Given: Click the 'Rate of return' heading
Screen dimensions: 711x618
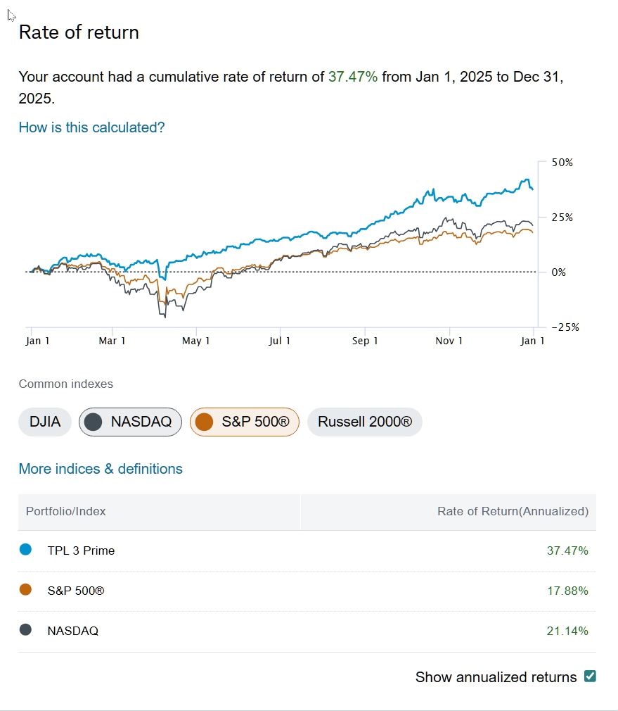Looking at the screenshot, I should coord(79,32).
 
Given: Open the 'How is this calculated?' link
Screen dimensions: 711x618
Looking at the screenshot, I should coord(91,127).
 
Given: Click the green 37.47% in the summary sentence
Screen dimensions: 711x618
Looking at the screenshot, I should coord(353,77).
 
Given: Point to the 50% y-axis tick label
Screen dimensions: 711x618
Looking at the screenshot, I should coord(562,163).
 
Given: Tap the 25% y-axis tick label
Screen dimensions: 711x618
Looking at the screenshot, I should coord(562,218).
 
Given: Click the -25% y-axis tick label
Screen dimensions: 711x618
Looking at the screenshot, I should coord(561,327).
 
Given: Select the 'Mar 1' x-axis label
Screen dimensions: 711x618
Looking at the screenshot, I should coord(112,341).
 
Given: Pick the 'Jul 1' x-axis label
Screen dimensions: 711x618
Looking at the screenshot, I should coord(280,341).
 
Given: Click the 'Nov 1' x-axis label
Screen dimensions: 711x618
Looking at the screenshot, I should coord(449,341).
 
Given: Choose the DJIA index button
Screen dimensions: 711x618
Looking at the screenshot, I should coord(45,422).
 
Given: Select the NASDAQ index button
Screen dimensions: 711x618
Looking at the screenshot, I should coord(130,422).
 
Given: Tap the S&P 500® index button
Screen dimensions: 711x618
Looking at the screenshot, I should coord(244,422).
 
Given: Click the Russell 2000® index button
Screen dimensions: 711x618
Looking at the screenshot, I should coord(364,422).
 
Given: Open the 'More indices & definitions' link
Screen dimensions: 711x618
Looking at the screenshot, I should coord(101,469).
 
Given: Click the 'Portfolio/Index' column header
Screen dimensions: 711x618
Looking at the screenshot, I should coord(65,512).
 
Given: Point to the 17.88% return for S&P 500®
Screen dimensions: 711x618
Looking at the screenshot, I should coord(567,591).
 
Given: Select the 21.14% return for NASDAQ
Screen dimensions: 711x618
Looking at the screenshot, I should coord(567,631).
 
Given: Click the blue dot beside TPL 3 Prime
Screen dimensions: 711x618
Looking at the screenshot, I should coord(26,550).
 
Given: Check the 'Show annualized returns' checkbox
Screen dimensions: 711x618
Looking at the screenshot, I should coord(591,677).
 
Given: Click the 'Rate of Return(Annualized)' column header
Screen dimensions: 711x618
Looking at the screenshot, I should coord(513,512).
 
